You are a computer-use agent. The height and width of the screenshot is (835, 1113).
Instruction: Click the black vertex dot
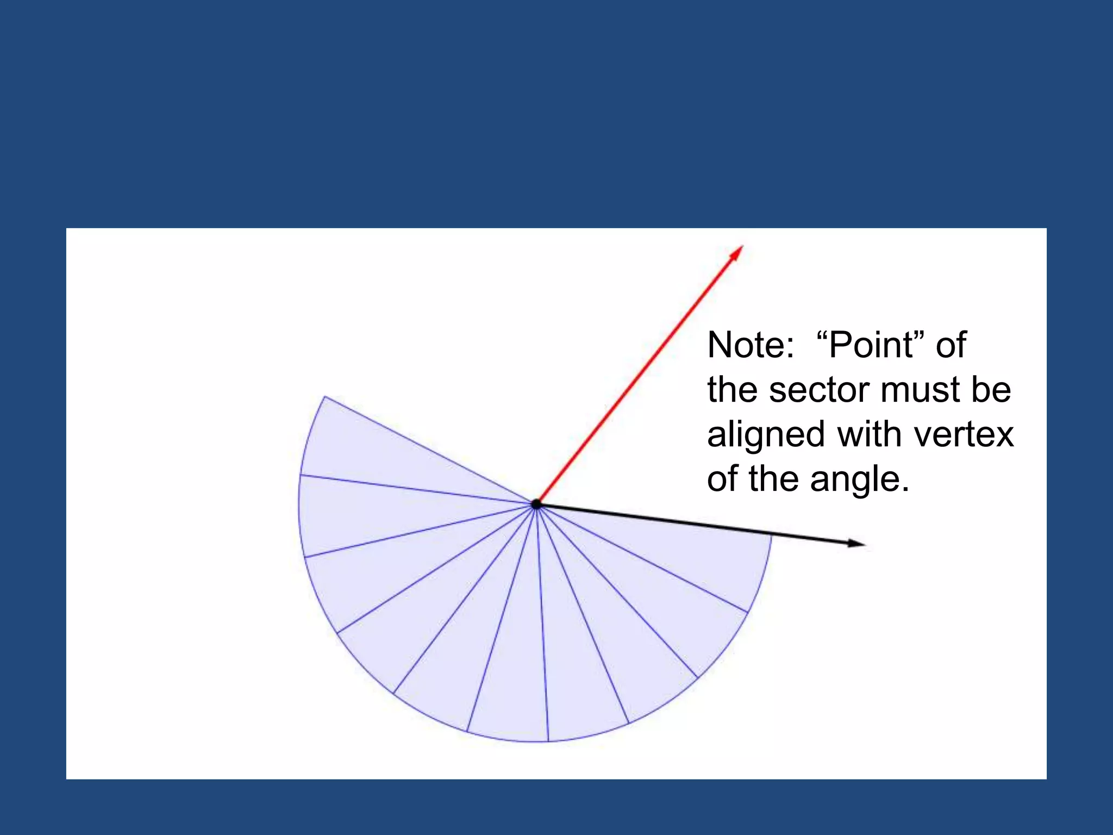coord(536,504)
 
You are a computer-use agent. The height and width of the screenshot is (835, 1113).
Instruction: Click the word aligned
coord(766,435)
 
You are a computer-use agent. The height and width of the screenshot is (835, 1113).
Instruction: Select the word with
coord(869,435)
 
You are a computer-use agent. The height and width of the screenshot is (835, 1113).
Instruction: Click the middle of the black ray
coord(701,524)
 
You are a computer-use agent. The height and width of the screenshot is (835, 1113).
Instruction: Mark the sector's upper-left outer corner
coord(325,397)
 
